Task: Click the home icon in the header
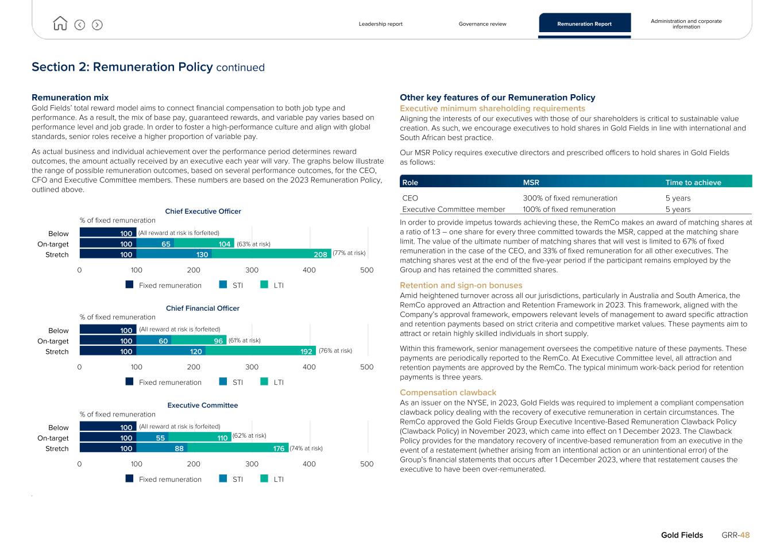[x=60, y=24]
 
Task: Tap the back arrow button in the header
[x=80, y=25]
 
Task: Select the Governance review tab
[x=482, y=24]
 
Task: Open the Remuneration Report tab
[x=584, y=24]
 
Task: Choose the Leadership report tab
[x=380, y=24]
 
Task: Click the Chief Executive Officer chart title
[x=203, y=211]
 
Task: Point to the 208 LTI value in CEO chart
[x=320, y=254]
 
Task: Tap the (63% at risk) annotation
[x=253, y=244]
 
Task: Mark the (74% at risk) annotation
[x=306, y=449]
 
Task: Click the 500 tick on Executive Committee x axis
[x=366, y=464]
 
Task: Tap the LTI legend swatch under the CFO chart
[x=264, y=382]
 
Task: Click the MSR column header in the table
[x=531, y=183]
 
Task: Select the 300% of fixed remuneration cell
[x=570, y=198]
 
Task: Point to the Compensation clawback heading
[x=448, y=393]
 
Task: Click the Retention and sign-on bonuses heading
[x=461, y=285]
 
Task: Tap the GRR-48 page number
[x=736, y=535]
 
